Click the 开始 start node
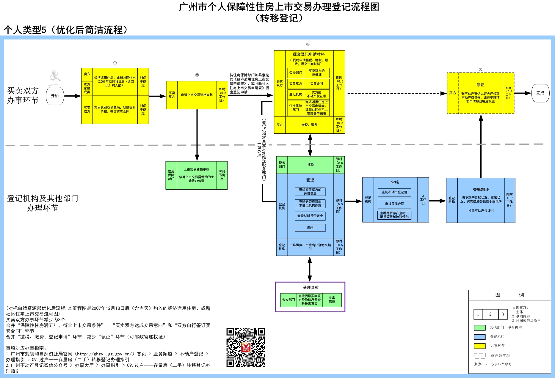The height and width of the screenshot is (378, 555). pos(55,96)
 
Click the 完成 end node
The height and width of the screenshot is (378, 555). pos(540,93)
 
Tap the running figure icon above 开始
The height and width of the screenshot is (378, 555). pos(55,76)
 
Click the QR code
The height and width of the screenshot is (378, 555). pos(246,347)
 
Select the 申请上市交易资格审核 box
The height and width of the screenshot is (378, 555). pos(197,95)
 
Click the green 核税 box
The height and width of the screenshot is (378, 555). pos(310,165)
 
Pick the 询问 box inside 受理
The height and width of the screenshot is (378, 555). pos(310,228)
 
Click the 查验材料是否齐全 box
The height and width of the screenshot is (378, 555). pos(310,216)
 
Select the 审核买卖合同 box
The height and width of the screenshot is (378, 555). pos(394,204)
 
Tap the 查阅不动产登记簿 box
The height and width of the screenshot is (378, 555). pos(394,192)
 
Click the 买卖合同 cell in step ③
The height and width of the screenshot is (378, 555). pos(316,84)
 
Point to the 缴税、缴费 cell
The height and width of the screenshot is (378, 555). pos(309,125)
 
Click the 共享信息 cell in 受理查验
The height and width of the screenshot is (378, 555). pos(332,300)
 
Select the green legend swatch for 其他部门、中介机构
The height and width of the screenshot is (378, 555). pos(479,328)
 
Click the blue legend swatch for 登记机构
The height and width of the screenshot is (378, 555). pos(479,337)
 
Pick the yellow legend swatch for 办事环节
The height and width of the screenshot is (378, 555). pos(479,346)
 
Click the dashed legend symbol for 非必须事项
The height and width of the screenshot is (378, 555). pos(479,355)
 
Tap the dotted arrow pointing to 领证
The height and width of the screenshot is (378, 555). pos(396,93)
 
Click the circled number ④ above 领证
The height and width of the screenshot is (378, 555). pos(480,70)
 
